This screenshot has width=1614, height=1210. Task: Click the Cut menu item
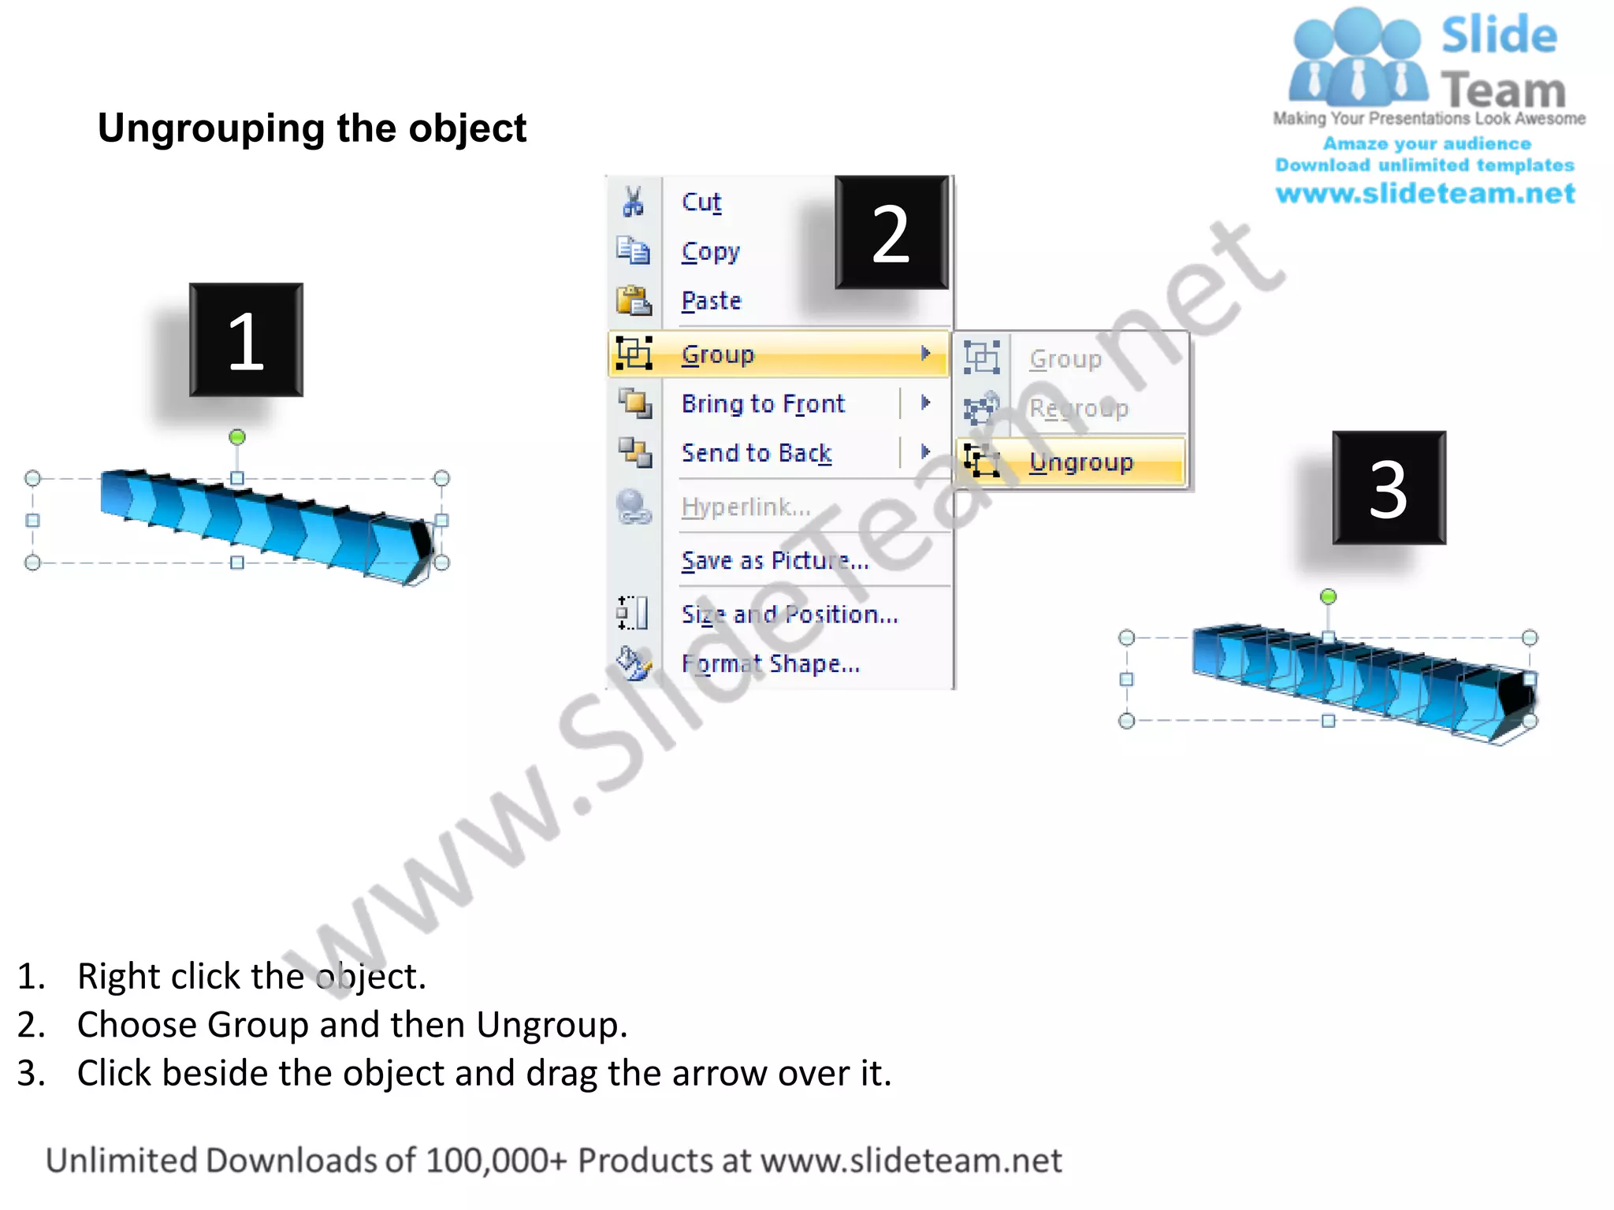click(x=701, y=202)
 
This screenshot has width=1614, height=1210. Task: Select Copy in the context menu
click(x=711, y=252)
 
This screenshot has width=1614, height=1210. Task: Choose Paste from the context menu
click(x=712, y=302)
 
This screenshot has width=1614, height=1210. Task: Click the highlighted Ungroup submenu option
click(x=1080, y=462)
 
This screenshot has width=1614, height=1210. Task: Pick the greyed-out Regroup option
click(x=1079, y=409)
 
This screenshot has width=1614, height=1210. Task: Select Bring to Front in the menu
click(x=763, y=404)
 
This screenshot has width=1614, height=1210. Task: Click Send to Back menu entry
click(x=757, y=454)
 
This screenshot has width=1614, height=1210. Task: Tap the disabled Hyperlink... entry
click(x=746, y=507)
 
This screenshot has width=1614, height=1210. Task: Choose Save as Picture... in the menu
click(x=775, y=561)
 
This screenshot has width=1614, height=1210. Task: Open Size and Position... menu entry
click(x=790, y=614)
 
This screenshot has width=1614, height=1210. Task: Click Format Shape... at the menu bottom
click(x=771, y=664)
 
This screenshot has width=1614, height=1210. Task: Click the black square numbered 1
click(x=246, y=340)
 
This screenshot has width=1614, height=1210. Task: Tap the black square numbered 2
click(x=891, y=232)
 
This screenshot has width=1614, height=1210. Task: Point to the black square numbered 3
click(x=1389, y=488)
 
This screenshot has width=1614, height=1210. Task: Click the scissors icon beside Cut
click(x=633, y=202)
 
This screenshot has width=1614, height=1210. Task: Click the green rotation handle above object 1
click(x=237, y=437)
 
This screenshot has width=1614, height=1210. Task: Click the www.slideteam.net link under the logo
click(x=1426, y=194)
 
